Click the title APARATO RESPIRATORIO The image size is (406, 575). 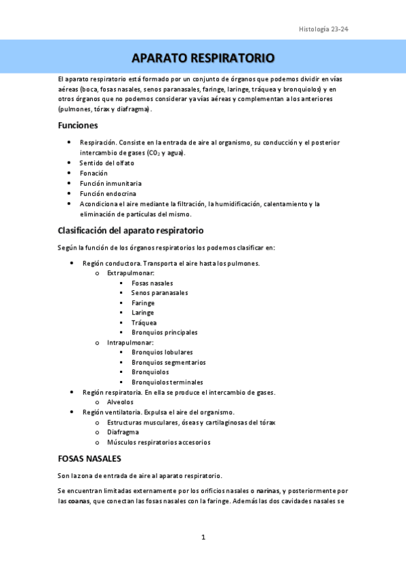click(x=203, y=57)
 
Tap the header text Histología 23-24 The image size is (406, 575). click(x=323, y=29)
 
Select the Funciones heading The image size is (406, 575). click(x=78, y=125)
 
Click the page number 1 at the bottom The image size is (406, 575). click(x=203, y=537)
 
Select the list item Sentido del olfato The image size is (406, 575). click(x=106, y=163)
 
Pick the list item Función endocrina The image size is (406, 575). click(x=107, y=193)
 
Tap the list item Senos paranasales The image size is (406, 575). click(x=159, y=293)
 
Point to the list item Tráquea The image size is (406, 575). click(x=144, y=323)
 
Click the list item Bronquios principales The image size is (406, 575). click(x=165, y=332)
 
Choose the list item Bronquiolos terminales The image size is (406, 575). click(x=167, y=382)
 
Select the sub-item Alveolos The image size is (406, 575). click(x=120, y=402)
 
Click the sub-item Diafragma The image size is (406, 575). click(x=123, y=432)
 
